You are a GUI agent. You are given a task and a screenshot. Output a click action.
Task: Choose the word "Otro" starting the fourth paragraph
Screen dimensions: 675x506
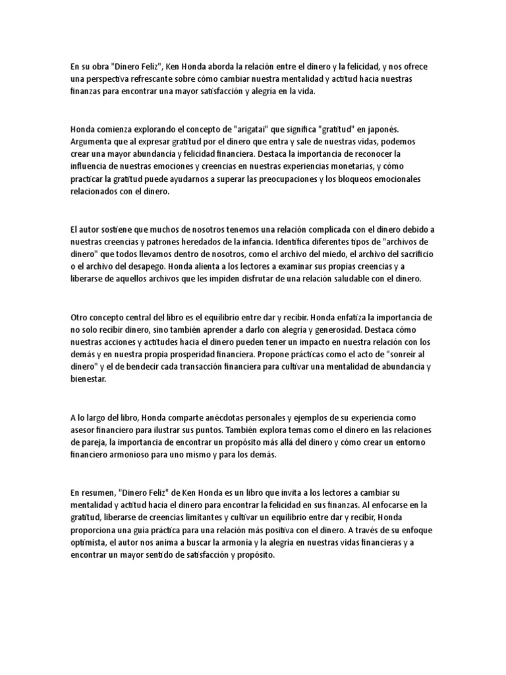79,316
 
